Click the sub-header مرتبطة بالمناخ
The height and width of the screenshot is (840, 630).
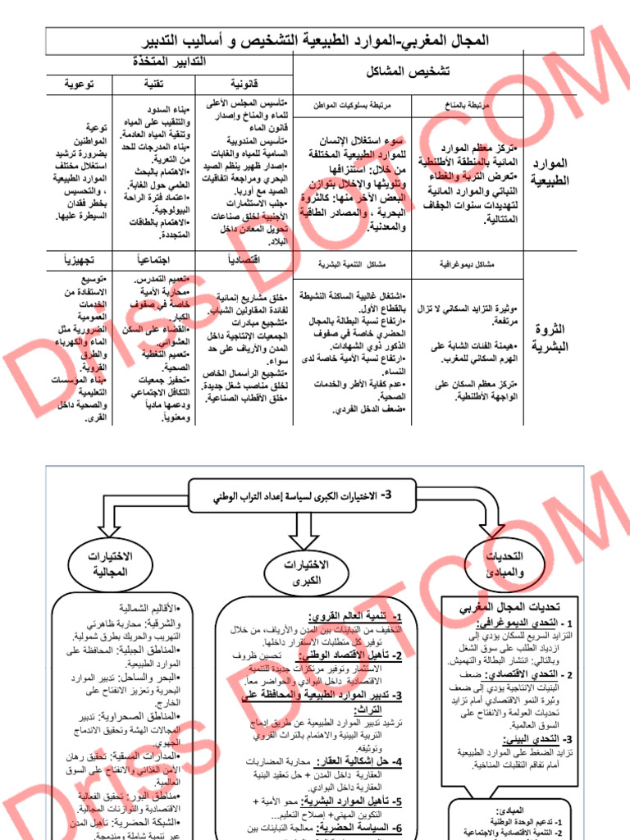[x=468, y=106]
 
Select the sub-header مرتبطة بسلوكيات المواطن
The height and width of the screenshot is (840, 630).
[x=353, y=106]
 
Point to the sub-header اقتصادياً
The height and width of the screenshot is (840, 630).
[x=244, y=260]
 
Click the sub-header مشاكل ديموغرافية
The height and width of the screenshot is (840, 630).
[x=468, y=264]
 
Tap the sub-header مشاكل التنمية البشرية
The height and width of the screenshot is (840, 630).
[x=352, y=264]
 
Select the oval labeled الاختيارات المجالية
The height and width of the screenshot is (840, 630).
[x=111, y=564]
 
